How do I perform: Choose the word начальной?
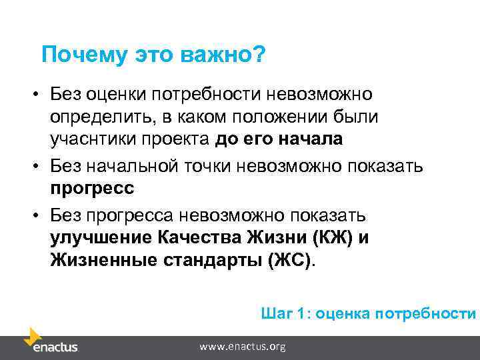[x=134, y=165]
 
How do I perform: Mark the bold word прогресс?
[x=91, y=188]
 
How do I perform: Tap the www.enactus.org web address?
[x=243, y=347]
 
